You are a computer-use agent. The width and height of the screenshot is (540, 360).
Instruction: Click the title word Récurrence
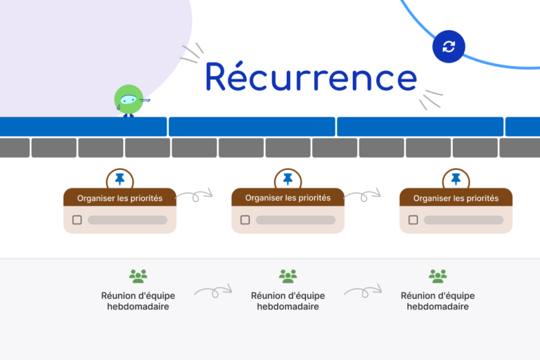click(311, 77)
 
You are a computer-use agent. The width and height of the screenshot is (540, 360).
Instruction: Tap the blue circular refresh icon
click(449, 47)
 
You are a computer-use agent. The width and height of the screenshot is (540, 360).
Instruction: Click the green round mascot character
click(129, 101)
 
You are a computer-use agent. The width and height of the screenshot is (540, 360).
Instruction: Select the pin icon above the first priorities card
click(120, 179)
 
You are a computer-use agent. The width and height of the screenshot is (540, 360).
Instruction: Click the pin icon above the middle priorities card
click(288, 179)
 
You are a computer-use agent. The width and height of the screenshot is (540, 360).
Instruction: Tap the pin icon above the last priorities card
click(456, 179)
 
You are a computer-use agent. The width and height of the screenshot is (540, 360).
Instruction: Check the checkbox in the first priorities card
click(77, 220)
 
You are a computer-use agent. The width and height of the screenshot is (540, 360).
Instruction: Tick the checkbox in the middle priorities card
click(245, 220)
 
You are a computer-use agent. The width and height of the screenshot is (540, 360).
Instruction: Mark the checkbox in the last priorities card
click(413, 220)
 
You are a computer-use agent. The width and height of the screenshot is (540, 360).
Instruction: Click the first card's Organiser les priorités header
click(120, 198)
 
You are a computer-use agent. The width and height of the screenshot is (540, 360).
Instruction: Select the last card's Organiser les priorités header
click(456, 198)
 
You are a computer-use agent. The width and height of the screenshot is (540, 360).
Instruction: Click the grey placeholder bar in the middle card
click(295, 220)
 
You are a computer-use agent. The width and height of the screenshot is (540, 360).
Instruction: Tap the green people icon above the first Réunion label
click(138, 276)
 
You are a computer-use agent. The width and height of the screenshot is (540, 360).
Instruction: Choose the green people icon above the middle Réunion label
click(288, 276)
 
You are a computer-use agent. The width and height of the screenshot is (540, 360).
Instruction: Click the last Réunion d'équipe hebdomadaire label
click(437, 301)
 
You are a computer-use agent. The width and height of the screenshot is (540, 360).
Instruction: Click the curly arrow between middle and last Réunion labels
click(363, 290)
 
